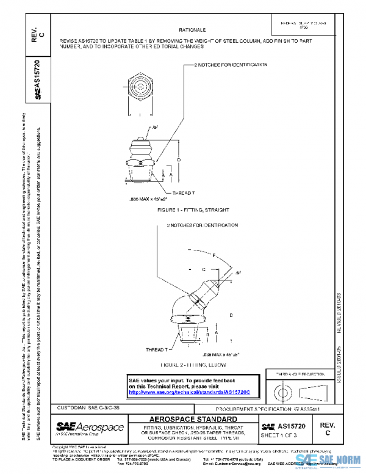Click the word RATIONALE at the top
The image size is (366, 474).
192,29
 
